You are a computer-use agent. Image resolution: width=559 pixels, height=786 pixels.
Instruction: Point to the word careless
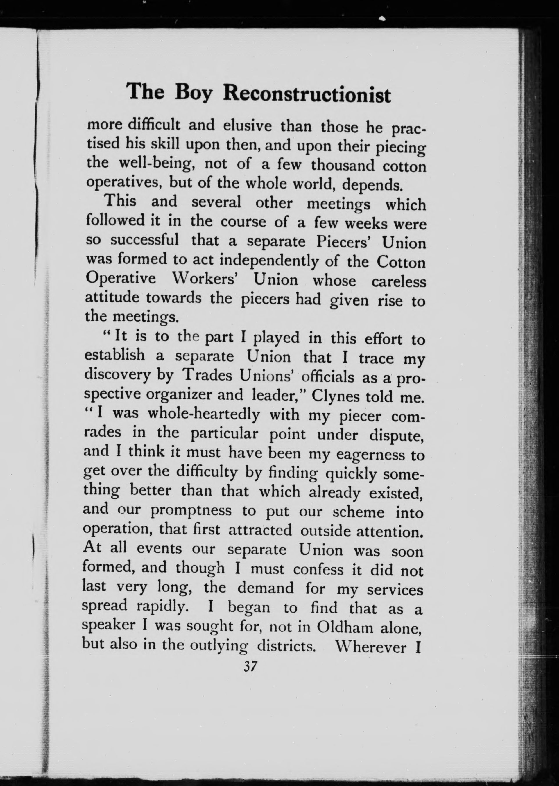(399, 281)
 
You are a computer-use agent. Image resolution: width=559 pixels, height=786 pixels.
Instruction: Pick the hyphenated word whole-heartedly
(204, 414)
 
